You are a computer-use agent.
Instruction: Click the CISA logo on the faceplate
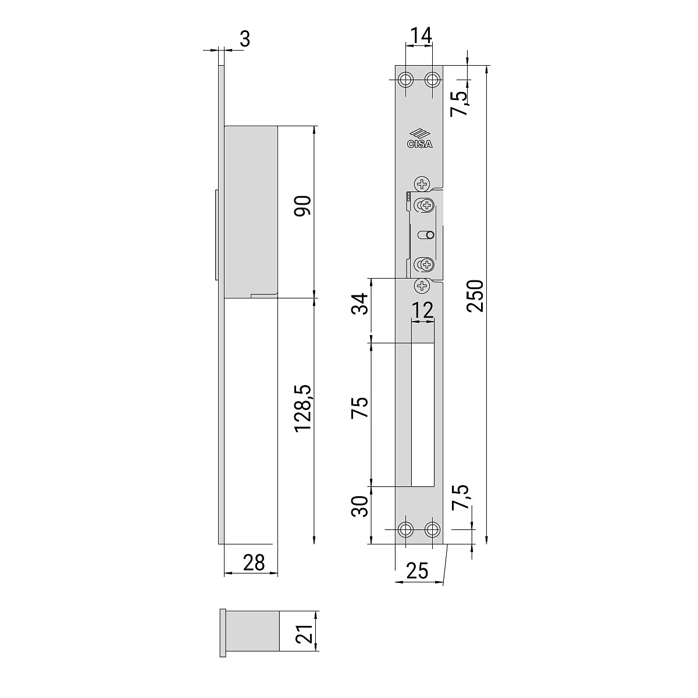pyautogui.click(x=420, y=139)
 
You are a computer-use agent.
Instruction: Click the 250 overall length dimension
pyautogui.click(x=475, y=295)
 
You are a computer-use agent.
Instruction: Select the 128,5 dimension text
pyautogui.click(x=303, y=408)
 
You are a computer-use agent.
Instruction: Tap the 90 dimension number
pyautogui.click(x=302, y=206)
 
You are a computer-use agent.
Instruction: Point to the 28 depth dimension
pyautogui.click(x=254, y=563)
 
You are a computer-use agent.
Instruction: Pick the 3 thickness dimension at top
pyautogui.click(x=245, y=39)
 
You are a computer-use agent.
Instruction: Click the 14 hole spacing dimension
pyautogui.click(x=421, y=35)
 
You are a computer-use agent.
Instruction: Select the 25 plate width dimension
pyautogui.click(x=417, y=571)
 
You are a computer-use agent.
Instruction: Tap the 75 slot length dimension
pyautogui.click(x=359, y=408)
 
